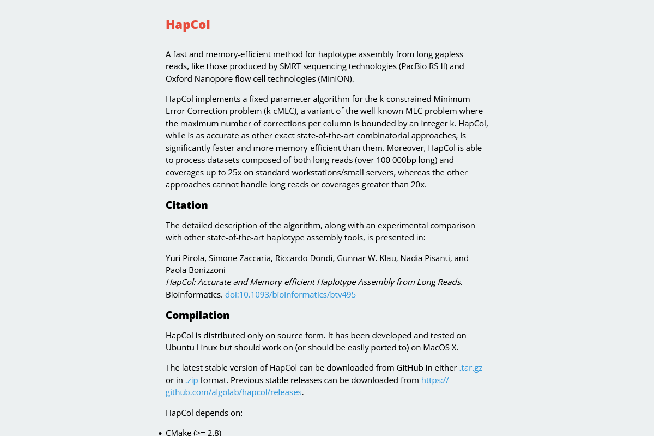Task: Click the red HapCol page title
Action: pyautogui.click(x=187, y=25)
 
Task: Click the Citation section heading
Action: pyautogui.click(x=186, y=205)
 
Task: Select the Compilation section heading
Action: pyautogui.click(x=197, y=315)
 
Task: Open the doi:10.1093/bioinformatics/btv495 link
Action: pyautogui.click(x=290, y=294)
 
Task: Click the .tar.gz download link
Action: pyautogui.click(x=470, y=368)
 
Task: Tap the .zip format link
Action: pyautogui.click(x=191, y=380)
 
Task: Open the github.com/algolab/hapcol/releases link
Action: pyautogui.click(x=233, y=392)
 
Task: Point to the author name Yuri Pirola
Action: pyautogui.click(x=185, y=258)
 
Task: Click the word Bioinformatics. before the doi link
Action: pyautogui.click(x=194, y=294)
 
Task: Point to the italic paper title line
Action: pyautogui.click(x=314, y=282)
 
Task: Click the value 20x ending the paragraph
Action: pyautogui.click(x=419, y=185)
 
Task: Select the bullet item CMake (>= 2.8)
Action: pyautogui.click(x=193, y=432)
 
